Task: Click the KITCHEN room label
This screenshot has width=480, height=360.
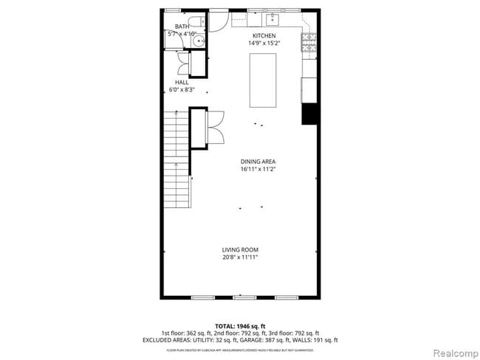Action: tap(264, 35)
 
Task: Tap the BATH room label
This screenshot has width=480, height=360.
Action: tap(182, 27)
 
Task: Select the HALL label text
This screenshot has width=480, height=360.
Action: tap(181, 82)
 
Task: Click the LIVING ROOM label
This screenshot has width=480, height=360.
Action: tap(240, 249)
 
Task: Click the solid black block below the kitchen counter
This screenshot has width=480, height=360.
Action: tap(309, 115)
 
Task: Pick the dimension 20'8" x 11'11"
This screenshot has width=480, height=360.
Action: tap(240, 257)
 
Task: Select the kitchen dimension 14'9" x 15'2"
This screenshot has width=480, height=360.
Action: tap(264, 43)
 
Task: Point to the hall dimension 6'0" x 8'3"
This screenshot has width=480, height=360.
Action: tap(181, 90)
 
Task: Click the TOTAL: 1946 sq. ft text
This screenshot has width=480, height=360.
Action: tap(240, 325)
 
